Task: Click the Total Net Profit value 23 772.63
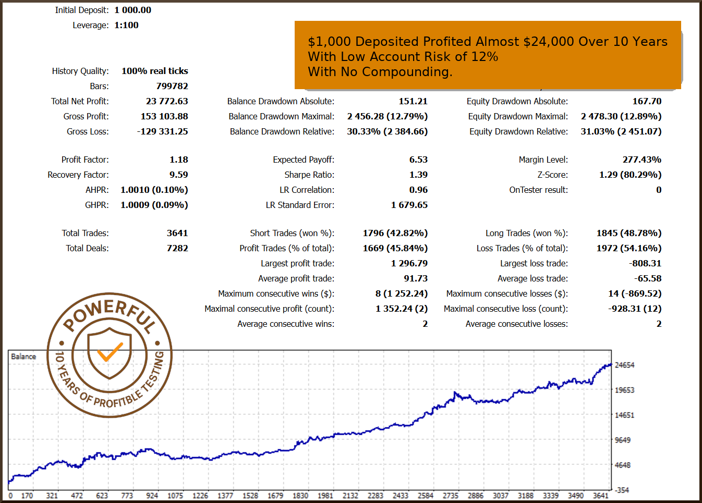[167, 101]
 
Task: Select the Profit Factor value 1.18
[179, 160]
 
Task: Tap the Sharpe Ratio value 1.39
[418, 175]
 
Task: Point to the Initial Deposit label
[82, 10]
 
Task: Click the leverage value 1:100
[126, 25]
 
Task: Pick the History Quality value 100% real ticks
[155, 71]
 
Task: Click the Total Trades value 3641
[177, 233]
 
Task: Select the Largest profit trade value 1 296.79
[409, 263]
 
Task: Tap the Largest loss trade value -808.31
[645, 263]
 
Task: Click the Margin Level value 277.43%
[642, 160]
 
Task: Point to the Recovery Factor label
[78, 175]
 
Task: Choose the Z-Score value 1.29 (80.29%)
[630, 175]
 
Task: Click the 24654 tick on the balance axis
[624, 365]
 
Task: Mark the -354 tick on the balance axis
[622, 490]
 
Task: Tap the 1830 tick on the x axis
[300, 496]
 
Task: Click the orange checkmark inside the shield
[110, 352]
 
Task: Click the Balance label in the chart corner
[23, 357]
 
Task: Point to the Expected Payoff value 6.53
[418, 160]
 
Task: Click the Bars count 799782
[172, 86]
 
